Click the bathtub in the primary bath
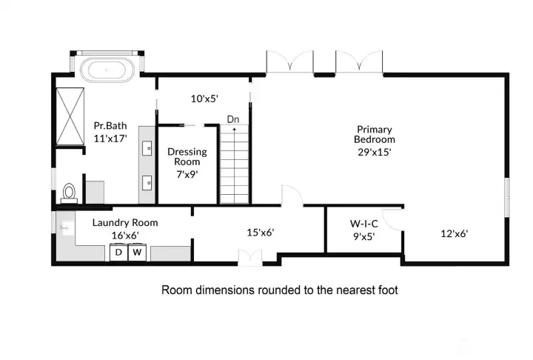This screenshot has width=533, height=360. (107, 70)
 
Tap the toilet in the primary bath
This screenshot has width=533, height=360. (69, 193)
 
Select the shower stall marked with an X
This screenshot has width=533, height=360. (70, 116)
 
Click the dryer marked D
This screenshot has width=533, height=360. (118, 253)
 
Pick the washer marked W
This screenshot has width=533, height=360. (137, 253)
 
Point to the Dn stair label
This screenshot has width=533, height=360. (233, 119)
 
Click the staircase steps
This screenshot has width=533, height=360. (235, 164)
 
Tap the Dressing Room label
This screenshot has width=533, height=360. (187, 156)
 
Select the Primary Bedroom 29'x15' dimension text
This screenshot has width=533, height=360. (375, 152)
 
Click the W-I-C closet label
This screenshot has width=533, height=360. (364, 224)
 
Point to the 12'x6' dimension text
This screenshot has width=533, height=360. (455, 233)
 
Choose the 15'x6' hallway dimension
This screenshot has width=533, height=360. (261, 233)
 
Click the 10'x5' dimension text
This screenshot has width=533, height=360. (204, 99)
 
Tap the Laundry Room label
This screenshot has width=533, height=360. (125, 222)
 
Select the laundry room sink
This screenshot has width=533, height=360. (64, 227)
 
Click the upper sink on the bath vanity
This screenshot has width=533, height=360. (147, 148)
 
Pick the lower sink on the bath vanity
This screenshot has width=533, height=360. (147, 183)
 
